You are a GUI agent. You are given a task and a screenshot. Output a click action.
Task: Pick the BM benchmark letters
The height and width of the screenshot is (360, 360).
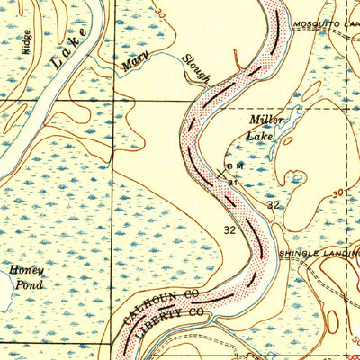click(234, 167)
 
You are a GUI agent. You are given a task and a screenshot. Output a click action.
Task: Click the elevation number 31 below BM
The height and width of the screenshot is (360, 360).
click(232, 182)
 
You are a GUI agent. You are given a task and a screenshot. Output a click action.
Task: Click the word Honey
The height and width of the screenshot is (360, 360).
click(27, 269)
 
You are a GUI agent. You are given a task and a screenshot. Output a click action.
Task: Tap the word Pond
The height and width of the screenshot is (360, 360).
click(27, 284)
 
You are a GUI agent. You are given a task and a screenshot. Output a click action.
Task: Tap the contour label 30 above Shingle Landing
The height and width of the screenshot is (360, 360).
click(337, 193)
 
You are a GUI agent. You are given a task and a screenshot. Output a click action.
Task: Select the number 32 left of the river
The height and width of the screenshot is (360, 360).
click(229, 230)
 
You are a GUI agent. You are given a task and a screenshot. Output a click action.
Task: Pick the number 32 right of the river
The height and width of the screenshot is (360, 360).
click(274, 206)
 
